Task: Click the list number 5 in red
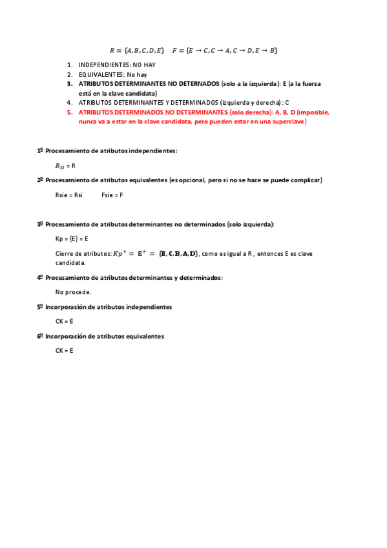[x=70, y=112]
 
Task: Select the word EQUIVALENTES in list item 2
[x=101, y=74]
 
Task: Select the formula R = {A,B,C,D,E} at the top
[x=137, y=50]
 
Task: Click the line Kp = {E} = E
[x=72, y=238]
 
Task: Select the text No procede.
[x=73, y=292]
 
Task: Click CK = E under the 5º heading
[x=64, y=321]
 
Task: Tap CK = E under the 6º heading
[x=64, y=350]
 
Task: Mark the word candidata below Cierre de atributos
[x=70, y=263]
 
